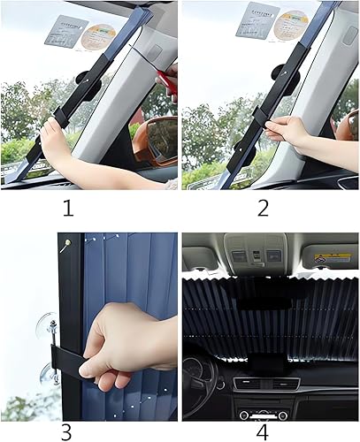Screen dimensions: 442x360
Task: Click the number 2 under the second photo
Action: (264, 210)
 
